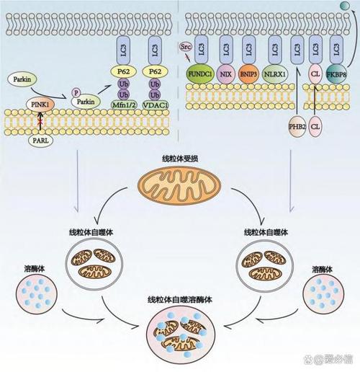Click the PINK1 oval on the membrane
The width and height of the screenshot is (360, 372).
(40, 105)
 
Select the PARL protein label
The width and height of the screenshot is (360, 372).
(40, 140)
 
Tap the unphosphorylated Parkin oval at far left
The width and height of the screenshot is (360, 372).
(22, 79)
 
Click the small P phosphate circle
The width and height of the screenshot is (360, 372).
(76, 92)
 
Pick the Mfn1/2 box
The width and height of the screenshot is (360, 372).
(123, 105)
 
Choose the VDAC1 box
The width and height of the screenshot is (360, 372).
(155, 105)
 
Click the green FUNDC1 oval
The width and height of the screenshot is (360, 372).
(200, 74)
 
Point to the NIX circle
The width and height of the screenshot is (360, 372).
(226, 74)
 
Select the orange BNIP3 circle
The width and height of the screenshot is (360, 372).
(248, 74)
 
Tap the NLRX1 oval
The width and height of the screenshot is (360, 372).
(275, 74)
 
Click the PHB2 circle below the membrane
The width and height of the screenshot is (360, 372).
(297, 126)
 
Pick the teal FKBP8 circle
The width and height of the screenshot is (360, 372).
(336, 74)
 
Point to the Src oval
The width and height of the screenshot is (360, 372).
(186, 47)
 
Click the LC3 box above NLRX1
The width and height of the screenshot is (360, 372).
(274, 50)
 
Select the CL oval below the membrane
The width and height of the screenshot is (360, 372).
(315, 126)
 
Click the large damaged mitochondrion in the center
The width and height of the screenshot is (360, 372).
(179, 186)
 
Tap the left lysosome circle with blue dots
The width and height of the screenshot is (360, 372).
(37, 294)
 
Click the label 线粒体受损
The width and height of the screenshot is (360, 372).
(180, 159)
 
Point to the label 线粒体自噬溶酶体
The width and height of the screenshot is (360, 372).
(180, 300)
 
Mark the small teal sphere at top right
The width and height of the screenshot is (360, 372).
(345, 5)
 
